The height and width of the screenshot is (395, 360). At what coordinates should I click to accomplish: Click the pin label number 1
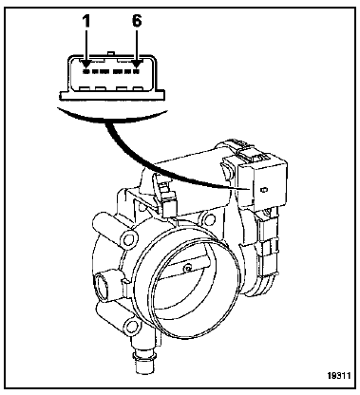click(86, 22)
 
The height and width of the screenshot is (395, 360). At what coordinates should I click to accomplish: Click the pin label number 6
click(137, 21)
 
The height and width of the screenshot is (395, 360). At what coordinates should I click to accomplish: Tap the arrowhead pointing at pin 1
click(86, 63)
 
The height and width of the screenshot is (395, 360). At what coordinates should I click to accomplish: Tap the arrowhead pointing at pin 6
click(137, 63)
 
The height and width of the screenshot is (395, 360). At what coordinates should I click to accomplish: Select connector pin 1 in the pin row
click(86, 72)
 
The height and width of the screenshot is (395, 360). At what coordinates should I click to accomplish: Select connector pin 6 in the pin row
click(137, 72)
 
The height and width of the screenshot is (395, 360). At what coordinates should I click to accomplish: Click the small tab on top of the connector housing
click(110, 53)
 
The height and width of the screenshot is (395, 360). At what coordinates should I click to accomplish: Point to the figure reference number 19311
click(338, 376)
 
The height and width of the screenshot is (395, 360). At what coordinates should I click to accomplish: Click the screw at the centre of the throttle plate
click(188, 269)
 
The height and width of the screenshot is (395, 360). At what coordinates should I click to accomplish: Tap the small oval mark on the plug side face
click(263, 190)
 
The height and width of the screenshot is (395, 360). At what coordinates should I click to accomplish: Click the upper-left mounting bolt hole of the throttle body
click(129, 239)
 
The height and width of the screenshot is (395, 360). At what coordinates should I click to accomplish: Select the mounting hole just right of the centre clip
click(208, 218)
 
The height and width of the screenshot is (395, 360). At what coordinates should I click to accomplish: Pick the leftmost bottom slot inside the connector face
click(85, 89)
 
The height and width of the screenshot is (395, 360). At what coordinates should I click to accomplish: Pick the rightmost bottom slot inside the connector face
click(137, 89)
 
